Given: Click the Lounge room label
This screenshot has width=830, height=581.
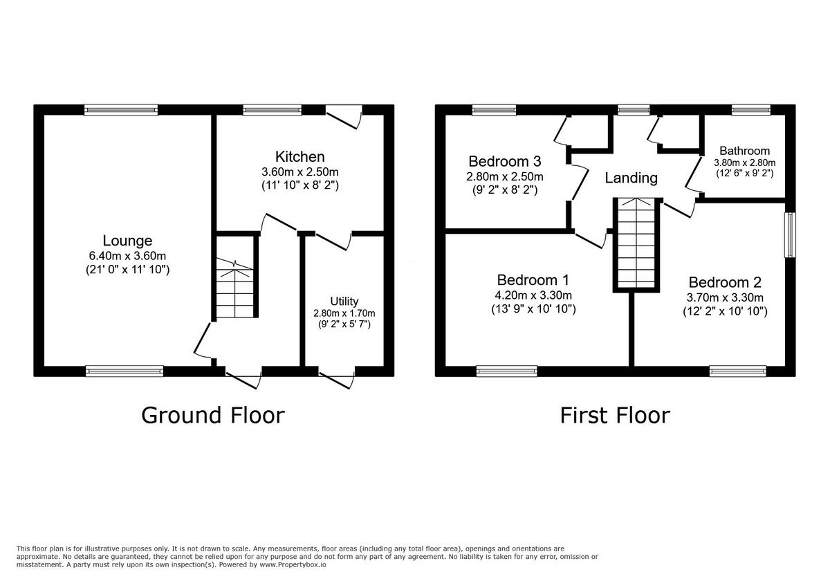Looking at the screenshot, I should (x=127, y=241).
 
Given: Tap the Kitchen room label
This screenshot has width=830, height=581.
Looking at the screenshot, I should (x=299, y=157).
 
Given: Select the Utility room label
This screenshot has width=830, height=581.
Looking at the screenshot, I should (x=344, y=301).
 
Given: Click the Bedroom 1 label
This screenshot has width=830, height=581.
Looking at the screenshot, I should (x=533, y=280).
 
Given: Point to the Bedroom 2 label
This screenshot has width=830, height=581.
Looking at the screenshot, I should (x=724, y=282).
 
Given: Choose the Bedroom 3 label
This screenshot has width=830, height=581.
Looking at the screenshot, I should (x=504, y=161).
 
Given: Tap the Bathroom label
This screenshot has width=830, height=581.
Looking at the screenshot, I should (x=744, y=151).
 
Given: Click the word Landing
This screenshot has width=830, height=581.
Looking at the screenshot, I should (x=631, y=178).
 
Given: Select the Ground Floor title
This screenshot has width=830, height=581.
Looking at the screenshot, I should (x=212, y=415).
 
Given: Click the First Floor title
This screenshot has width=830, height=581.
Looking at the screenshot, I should (x=614, y=415).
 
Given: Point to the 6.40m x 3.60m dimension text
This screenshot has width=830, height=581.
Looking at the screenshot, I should (x=127, y=256).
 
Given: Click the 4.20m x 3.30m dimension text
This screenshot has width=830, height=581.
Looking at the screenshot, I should (x=533, y=295).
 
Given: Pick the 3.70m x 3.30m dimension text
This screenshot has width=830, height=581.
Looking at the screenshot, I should (x=724, y=297).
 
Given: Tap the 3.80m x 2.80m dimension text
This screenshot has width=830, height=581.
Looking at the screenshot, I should (x=744, y=163).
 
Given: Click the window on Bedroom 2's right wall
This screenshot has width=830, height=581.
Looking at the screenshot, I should (x=790, y=235).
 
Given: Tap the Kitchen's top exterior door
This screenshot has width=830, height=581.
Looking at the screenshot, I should (x=344, y=115).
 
